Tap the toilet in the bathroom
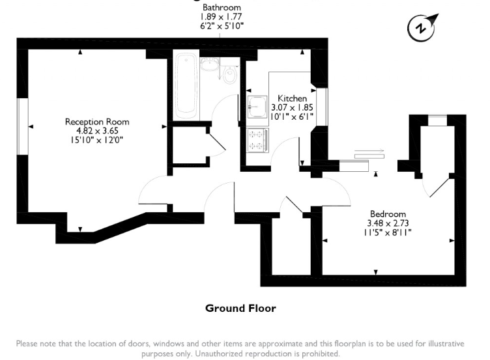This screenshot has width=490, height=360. point(230,74)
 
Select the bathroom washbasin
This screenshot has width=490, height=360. point(209,64)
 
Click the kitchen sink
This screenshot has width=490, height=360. point(257,107)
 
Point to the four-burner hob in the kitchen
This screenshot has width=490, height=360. point(257,141)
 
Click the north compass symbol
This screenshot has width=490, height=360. point(422,28)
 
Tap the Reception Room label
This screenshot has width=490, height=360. point(97,122)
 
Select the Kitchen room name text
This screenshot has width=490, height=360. point(292,98)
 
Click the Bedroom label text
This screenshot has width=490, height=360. point(388,214)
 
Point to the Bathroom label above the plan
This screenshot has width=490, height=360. point(222,7)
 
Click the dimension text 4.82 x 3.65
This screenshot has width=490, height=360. point(97,131)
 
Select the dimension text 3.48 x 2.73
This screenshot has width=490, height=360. point(388,223)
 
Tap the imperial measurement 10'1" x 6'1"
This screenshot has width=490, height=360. point(292,117)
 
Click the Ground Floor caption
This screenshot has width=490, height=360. point(240,309)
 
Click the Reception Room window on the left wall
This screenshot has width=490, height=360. point(22,126)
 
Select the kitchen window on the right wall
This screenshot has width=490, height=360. point(322,107)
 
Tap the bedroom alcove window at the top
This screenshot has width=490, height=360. point(437,120)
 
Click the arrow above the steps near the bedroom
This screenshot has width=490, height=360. point(369,150)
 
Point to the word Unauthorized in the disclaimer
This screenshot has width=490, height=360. point(219,353)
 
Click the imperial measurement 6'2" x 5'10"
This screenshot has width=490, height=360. point(222,26)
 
